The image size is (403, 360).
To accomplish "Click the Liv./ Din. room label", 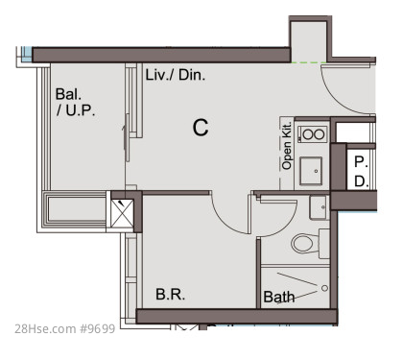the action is coord(176,75).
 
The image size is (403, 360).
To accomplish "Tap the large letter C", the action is coord(201,128).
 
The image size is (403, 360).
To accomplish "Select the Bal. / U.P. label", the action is coord(76,102).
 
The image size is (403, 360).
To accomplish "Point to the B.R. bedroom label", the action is coord(170,294).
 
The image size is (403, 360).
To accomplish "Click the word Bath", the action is coord(279,297).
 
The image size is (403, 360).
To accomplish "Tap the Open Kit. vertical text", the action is coord(287,145).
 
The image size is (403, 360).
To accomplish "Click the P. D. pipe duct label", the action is coord(362,172).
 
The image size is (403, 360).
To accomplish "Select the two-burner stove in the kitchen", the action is coord(312,134).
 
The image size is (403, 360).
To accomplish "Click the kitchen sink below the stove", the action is coord(311,171).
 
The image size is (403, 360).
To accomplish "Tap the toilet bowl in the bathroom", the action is coord(304,243).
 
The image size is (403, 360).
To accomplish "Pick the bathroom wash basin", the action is coord(319,207).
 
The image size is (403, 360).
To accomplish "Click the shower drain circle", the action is coord(324,288).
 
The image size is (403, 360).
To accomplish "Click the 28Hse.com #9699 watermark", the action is coord(65,328).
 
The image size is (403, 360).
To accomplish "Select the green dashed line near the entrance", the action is coord(309,62).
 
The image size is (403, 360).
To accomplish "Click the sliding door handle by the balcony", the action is coord(127,137).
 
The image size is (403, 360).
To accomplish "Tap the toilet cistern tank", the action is coord(324,244).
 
